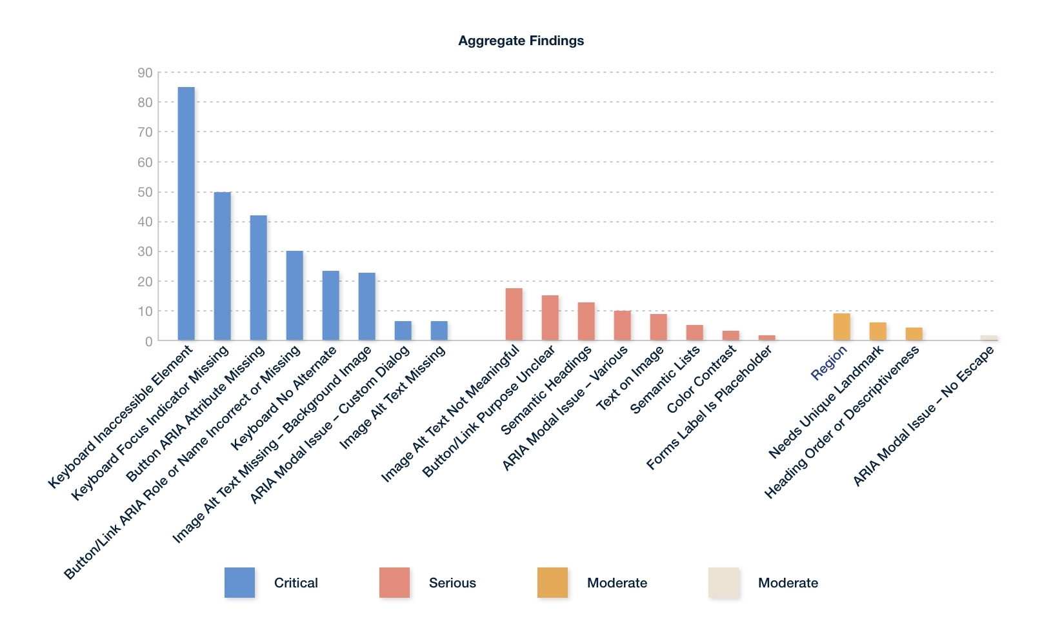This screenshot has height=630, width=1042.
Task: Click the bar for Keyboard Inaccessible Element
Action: [186, 213]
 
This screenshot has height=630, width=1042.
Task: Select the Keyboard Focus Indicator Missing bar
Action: [223, 266]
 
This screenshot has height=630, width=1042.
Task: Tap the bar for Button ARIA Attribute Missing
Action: [259, 277]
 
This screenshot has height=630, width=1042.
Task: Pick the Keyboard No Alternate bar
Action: [331, 306]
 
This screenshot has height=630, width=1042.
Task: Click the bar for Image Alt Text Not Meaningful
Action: [514, 314]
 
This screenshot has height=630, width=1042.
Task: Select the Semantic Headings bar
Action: [586, 321]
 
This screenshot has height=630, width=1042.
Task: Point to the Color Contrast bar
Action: [731, 335]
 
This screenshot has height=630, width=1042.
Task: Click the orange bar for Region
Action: [842, 327]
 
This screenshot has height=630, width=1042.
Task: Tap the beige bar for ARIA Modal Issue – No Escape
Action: [988, 338]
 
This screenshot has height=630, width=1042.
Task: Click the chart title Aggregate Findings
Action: [521, 41]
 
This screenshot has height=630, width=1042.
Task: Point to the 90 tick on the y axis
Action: [145, 73]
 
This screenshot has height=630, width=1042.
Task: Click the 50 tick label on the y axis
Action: [145, 192]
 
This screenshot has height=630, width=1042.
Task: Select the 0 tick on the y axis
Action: [149, 341]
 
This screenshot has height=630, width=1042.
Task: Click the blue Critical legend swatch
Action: [239, 582]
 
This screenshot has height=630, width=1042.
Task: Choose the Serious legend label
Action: [452, 583]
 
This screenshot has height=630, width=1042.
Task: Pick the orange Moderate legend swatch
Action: [552, 582]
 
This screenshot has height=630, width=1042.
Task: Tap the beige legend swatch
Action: [723, 582]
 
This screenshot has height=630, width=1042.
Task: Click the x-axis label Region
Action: [829, 363]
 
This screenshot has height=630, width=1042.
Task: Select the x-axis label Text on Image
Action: [630, 379]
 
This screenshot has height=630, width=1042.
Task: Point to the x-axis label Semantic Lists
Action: [665, 380]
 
